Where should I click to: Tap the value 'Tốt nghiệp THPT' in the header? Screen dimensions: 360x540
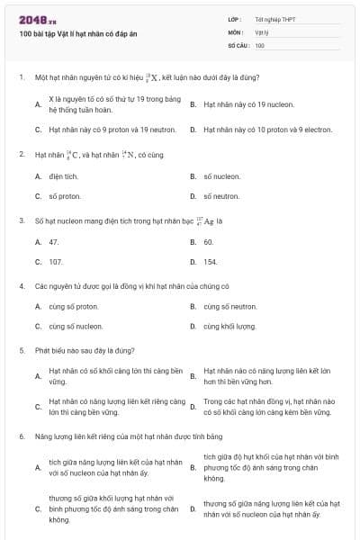coord(275,19)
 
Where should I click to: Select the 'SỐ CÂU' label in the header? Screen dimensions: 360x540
coord(237,44)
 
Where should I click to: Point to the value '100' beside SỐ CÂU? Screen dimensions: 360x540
coord(260,44)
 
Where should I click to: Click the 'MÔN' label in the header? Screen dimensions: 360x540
coord(235,31)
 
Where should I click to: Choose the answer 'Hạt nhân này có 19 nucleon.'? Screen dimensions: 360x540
coord(248,104)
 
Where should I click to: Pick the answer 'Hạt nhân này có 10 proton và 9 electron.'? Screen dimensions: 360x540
coord(267,130)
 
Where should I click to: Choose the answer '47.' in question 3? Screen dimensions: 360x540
coord(54,242)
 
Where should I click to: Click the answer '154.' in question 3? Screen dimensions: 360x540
coord(211,261)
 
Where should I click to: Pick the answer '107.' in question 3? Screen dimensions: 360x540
coord(56,261)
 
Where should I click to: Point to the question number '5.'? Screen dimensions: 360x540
coord(21,348)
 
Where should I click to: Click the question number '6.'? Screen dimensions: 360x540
coord(21,436)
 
